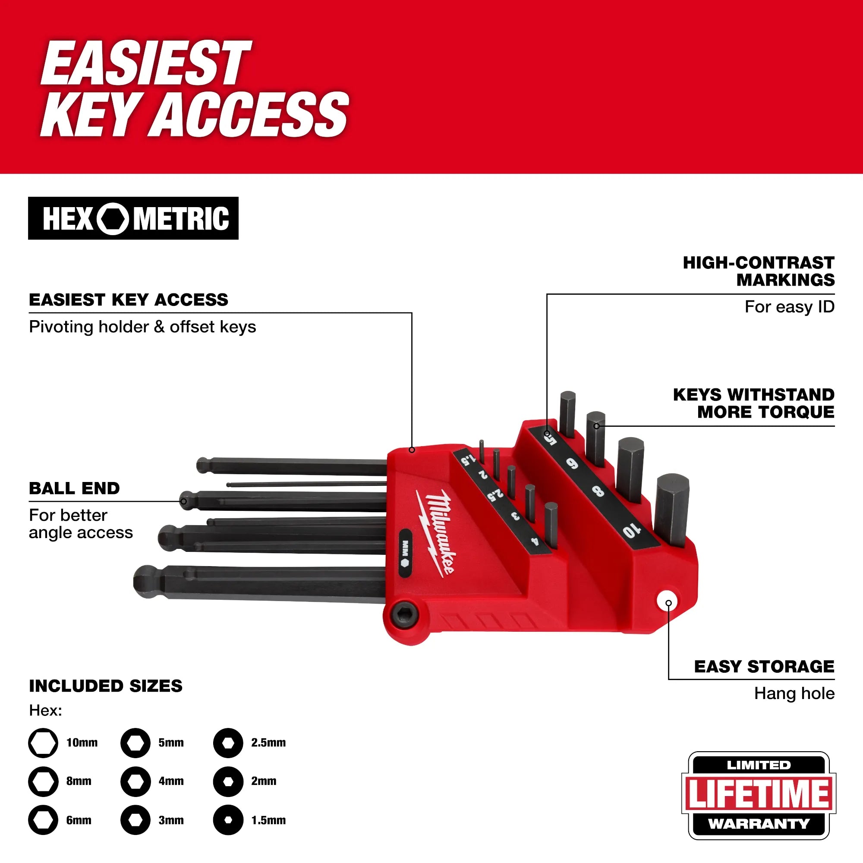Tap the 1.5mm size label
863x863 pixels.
point(268,820)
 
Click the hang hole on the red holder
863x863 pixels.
point(668,602)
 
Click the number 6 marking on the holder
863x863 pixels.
point(572,464)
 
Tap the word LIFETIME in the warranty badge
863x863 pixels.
point(759,794)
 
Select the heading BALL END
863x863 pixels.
point(74,488)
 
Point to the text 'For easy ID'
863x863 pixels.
point(789,307)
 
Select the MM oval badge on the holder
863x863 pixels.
point(405,553)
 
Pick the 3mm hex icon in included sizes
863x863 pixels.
point(135,820)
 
